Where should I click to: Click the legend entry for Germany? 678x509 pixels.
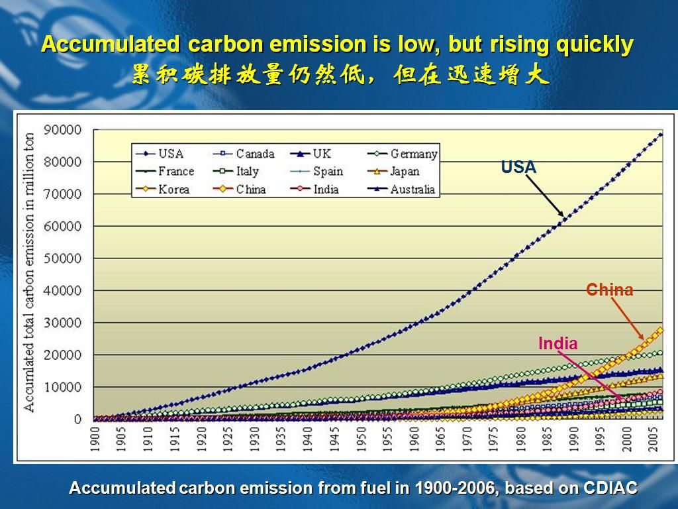[x=402, y=154]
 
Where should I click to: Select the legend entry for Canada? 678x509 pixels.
[x=244, y=154]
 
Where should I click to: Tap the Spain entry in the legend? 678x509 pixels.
[x=316, y=172]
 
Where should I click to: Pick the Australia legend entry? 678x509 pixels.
[x=401, y=189]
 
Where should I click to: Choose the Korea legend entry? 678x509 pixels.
[x=162, y=189]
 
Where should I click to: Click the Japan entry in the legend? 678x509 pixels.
[x=393, y=172]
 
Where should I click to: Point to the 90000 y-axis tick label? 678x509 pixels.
[x=62, y=129]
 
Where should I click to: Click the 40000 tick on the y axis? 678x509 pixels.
[x=62, y=290]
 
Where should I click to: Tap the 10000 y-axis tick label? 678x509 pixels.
[x=62, y=387]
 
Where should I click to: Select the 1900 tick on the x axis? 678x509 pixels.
[x=95, y=439]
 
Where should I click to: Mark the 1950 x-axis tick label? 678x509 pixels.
[x=361, y=439]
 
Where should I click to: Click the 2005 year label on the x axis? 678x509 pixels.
[x=653, y=439]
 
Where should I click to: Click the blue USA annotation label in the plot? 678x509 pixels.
[x=518, y=167]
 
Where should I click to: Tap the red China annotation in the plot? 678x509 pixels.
[x=609, y=290]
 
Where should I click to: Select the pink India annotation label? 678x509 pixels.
[x=557, y=343]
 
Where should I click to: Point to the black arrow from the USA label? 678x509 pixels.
[x=545, y=196]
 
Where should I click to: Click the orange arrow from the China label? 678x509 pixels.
[x=628, y=319]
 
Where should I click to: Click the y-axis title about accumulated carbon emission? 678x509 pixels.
[x=29, y=272]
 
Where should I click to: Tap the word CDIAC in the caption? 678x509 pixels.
[x=610, y=488]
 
